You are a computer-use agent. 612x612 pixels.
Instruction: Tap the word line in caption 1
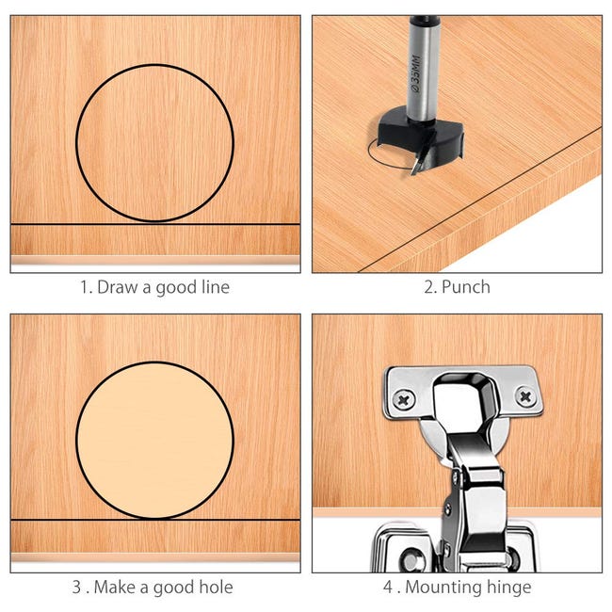pos(216,287)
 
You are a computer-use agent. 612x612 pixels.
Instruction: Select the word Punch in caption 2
pos(466,287)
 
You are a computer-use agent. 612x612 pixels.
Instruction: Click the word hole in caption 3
pos(216,587)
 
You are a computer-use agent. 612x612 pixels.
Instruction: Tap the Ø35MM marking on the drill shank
pos(415,73)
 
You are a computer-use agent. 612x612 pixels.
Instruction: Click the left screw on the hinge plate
pos(404,399)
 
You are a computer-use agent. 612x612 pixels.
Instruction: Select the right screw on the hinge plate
pos(525,397)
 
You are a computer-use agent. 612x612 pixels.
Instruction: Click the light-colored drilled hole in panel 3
pos(155,441)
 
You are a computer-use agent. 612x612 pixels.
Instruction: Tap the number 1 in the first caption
pos(85,287)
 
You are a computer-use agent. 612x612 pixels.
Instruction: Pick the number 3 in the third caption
pos(77,587)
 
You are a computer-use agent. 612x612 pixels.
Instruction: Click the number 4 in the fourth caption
pos(388,587)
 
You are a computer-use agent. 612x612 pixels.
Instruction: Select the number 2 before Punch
pos(429,287)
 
